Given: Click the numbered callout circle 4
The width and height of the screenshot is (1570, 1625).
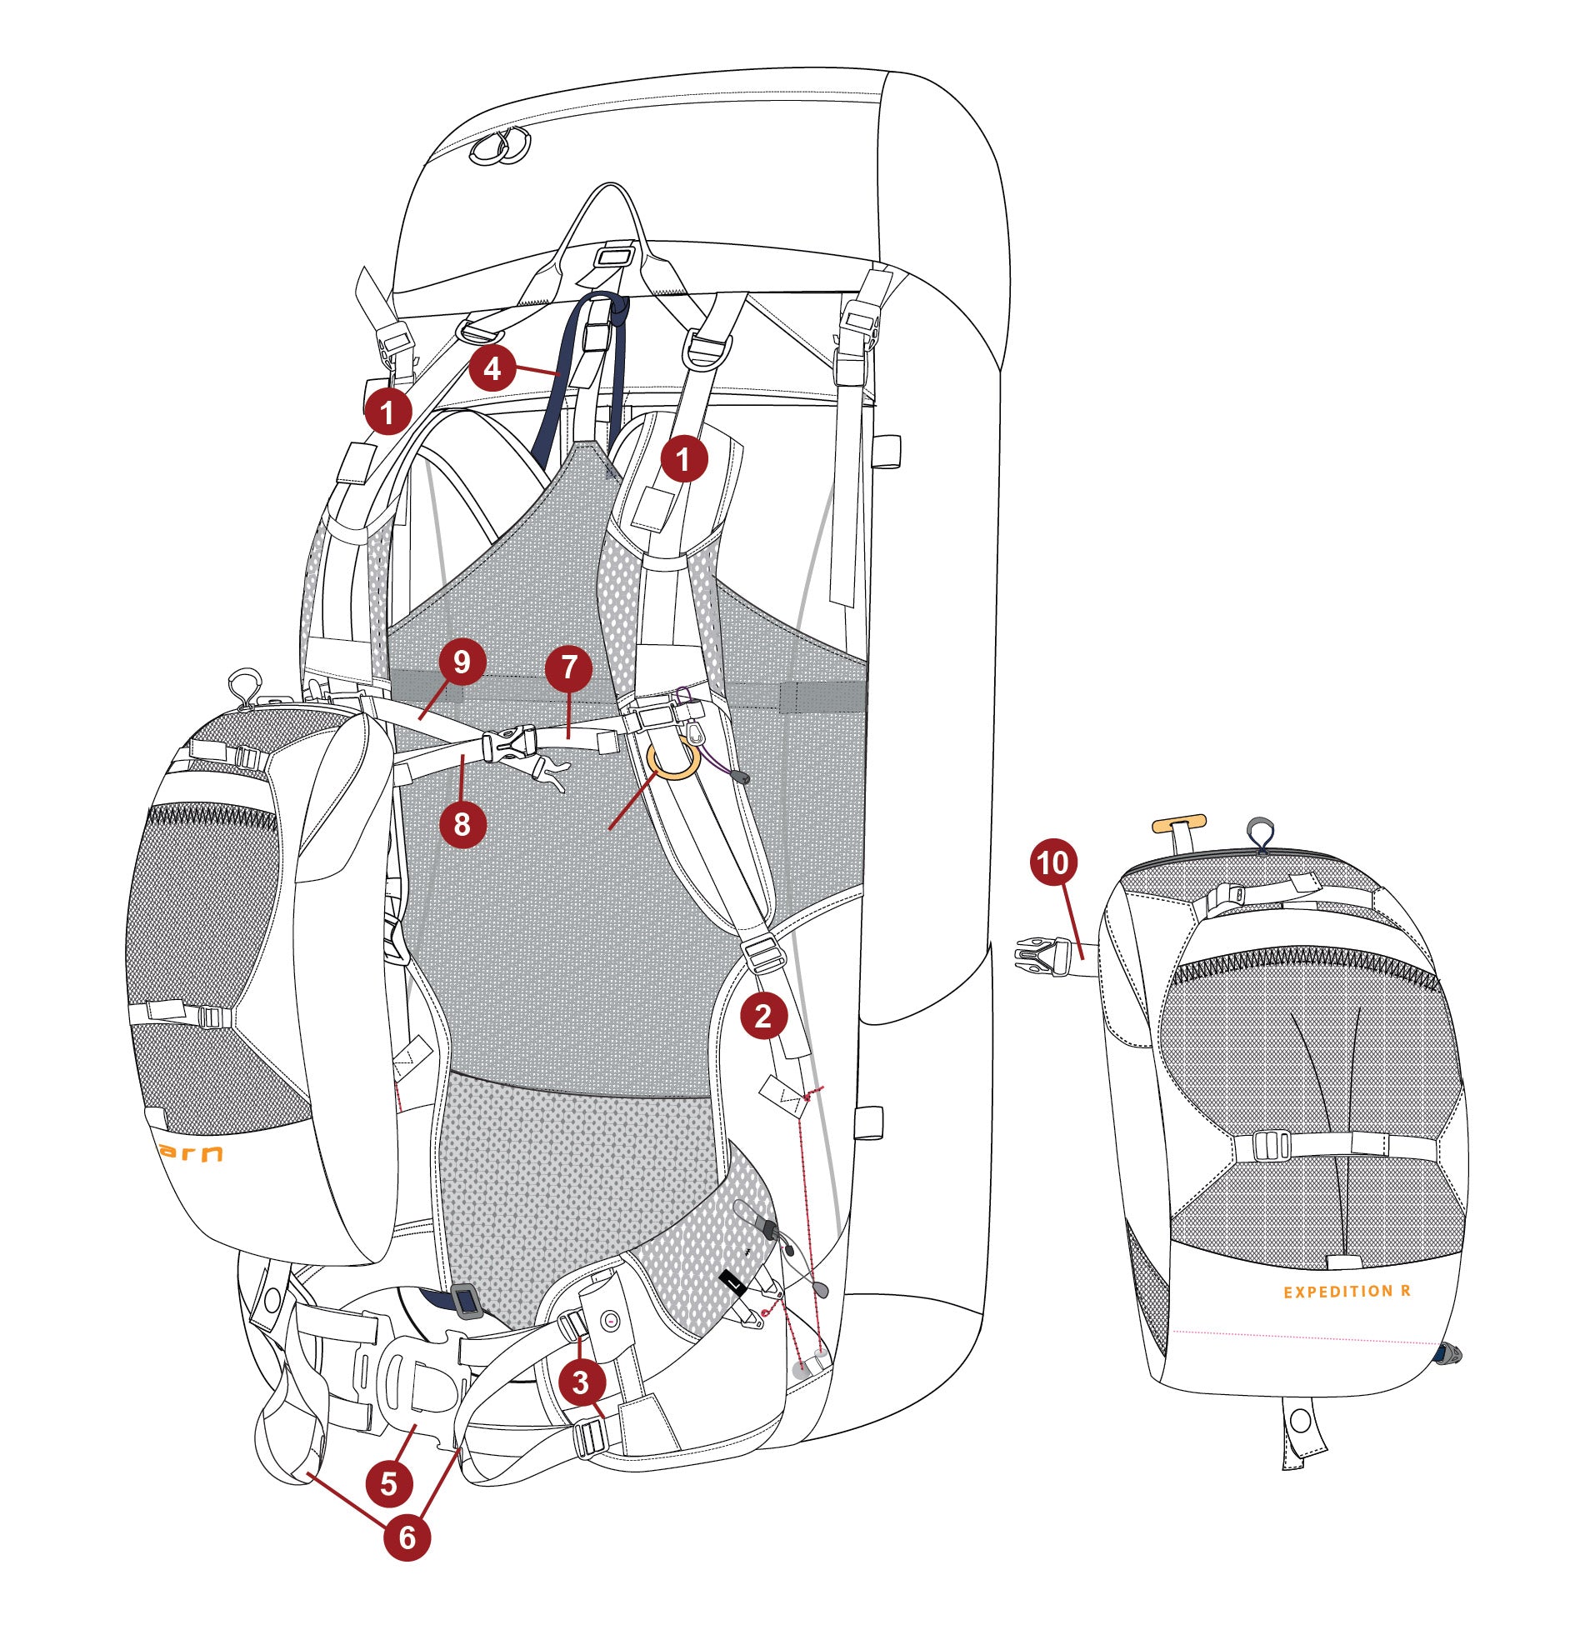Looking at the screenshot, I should coord(492,368).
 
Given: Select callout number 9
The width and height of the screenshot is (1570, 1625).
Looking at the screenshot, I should coord(461,662).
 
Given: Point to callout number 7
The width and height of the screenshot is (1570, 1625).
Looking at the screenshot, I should coord(568,667).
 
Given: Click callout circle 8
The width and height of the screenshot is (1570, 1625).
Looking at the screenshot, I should coord(462,823).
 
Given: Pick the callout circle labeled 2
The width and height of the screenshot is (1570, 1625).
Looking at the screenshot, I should coord(762,1014).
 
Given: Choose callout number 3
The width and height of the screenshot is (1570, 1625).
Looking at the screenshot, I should coord(581,1382).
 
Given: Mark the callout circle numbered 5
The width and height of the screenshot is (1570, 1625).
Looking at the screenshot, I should coord(389,1483).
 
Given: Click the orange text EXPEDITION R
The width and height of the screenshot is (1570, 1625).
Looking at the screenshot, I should coord(1346,1292).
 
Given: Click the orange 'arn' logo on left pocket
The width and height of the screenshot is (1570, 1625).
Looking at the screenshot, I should coord(191,1153).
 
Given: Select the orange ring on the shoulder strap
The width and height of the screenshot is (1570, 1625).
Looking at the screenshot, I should coord(672,760).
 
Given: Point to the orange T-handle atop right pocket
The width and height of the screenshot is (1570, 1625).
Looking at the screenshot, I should coord(1178,825).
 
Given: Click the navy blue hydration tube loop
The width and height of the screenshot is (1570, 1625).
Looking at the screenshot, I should coord(583,367).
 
